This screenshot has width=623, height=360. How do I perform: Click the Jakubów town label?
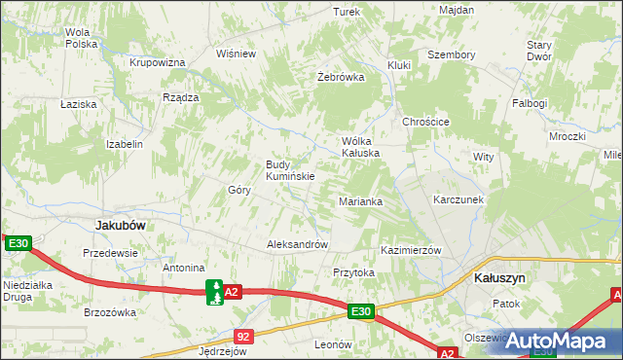click(x=121, y=225)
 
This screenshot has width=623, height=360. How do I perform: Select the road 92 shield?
click(x=243, y=337)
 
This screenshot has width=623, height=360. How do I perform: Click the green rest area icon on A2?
click(x=213, y=291)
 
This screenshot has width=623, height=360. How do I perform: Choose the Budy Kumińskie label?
click(x=289, y=170)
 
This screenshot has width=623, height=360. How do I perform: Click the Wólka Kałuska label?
click(x=359, y=147)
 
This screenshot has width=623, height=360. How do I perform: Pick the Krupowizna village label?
click(x=158, y=62)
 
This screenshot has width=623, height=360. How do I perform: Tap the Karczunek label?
click(x=458, y=199)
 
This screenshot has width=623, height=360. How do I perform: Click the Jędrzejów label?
click(x=222, y=352)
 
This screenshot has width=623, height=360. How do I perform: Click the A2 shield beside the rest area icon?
click(x=232, y=291)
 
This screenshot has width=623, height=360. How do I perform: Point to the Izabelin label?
click(x=125, y=144)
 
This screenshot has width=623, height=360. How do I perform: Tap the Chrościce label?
click(x=425, y=122)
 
